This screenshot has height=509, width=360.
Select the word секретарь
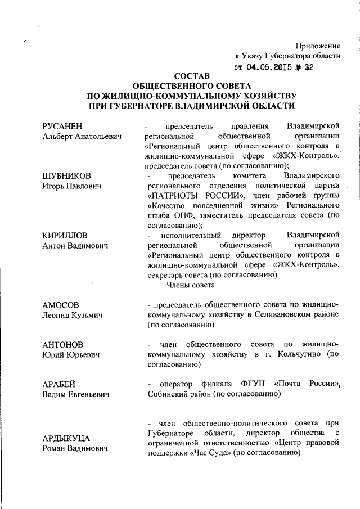tap(167, 276)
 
